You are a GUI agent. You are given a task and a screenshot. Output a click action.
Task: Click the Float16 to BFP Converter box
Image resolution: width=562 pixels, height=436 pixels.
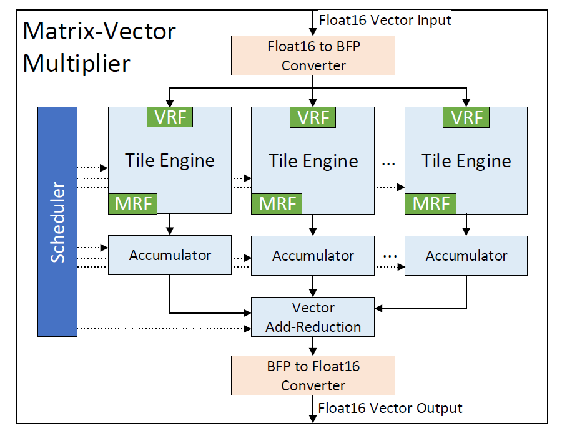click(x=313, y=55)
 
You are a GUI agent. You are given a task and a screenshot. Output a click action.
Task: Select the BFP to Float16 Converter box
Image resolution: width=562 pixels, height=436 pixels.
click(x=313, y=375)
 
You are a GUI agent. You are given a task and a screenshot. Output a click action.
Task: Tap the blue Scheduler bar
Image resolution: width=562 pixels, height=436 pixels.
click(x=57, y=221)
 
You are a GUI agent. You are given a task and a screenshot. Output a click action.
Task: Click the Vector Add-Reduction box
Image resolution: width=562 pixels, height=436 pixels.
click(x=313, y=317)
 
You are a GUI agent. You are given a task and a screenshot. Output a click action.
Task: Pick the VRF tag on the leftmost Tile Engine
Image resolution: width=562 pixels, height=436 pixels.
click(x=170, y=117)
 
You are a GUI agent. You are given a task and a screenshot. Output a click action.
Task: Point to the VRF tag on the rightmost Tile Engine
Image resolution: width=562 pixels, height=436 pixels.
click(x=466, y=117)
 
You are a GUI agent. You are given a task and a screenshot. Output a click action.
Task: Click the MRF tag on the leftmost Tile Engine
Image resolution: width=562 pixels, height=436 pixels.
click(x=134, y=204)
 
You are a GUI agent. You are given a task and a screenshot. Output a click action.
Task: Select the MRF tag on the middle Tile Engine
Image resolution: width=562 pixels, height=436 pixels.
click(x=277, y=204)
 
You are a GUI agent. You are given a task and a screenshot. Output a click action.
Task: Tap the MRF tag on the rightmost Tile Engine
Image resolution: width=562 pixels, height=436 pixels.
click(x=431, y=204)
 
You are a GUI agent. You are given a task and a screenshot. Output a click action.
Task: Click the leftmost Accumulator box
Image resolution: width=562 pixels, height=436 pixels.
click(x=170, y=255)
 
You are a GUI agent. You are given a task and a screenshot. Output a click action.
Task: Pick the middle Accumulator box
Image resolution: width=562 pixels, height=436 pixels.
click(x=313, y=256)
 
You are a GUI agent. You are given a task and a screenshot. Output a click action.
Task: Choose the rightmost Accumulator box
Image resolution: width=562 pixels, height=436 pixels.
click(x=466, y=256)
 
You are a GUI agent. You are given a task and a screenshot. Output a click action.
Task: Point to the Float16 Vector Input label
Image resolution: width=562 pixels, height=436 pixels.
click(x=385, y=20)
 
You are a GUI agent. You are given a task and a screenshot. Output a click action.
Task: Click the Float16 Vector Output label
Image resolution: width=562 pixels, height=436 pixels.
click(x=390, y=408)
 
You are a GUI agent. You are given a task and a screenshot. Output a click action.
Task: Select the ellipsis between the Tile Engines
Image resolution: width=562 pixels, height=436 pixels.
click(x=388, y=162)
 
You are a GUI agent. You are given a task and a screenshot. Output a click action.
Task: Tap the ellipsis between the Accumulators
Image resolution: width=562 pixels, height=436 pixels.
click(x=390, y=254)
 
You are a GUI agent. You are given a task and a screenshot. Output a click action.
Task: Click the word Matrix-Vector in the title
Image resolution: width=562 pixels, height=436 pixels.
click(x=99, y=31)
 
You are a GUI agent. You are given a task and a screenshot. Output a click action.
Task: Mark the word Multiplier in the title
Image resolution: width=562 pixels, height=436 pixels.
click(x=77, y=63)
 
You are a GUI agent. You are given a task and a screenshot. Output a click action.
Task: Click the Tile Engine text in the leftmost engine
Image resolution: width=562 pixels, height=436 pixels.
click(x=170, y=160)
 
